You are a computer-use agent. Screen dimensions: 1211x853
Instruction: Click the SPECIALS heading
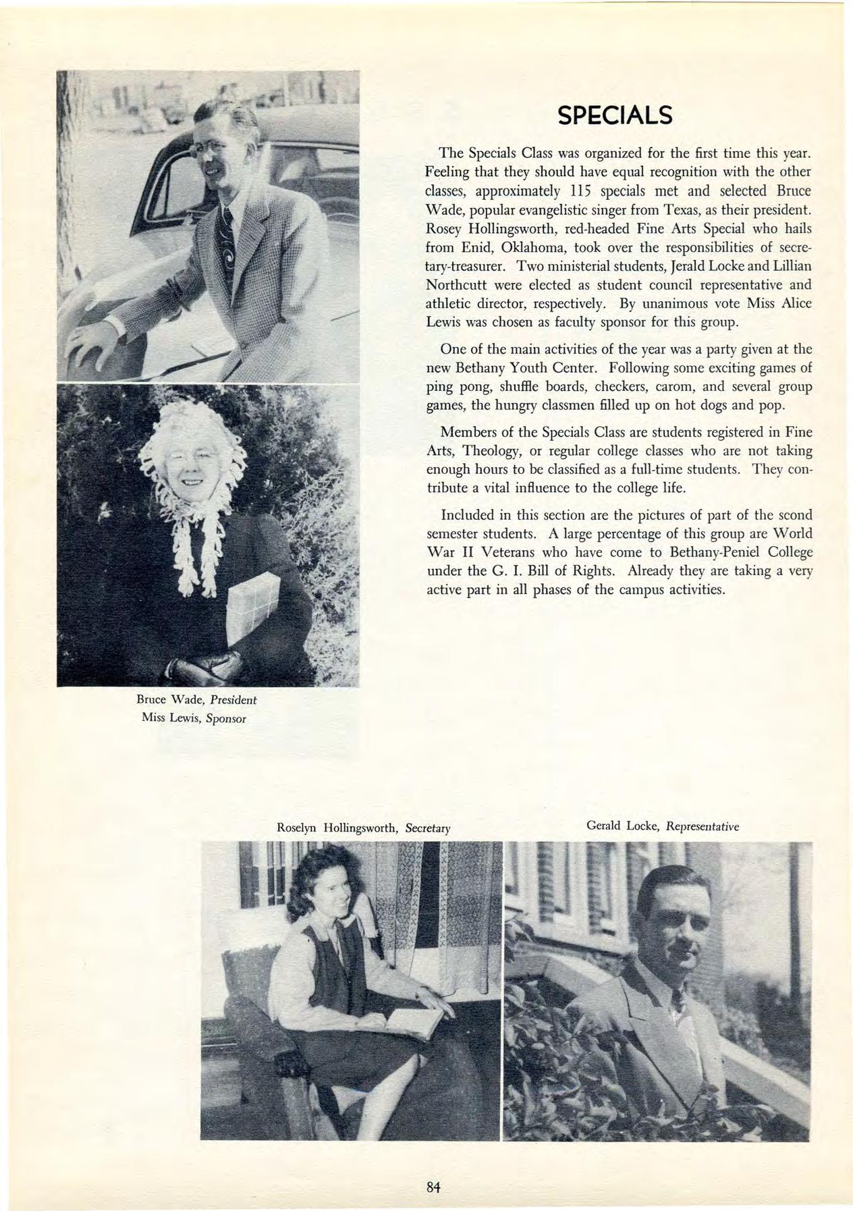(614, 115)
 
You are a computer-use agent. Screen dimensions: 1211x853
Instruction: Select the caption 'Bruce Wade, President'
(196, 699)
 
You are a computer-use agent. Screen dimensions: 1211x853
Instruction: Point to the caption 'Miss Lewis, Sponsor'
(194, 718)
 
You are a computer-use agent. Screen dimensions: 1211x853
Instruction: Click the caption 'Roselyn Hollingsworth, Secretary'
(363, 828)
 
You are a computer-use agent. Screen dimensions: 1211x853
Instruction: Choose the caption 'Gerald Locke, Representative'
(663, 826)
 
